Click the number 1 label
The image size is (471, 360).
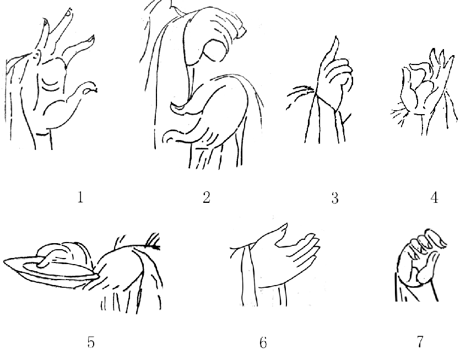pos(80,197)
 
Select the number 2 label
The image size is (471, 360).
pos(207,197)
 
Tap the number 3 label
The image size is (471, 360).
pos(335,198)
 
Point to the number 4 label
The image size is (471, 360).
pos(434,198)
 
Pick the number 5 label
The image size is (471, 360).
pos(91,342)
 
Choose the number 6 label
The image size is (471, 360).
pos(263,342)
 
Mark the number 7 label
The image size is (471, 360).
pos(420,342)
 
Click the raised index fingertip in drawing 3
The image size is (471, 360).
pos(337,37)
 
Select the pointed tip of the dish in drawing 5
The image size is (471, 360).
pos(6,261)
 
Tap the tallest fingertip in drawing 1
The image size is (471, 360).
pos(69,12)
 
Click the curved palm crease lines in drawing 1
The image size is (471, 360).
pos(50,84)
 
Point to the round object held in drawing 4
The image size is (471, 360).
pos(424,90)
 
